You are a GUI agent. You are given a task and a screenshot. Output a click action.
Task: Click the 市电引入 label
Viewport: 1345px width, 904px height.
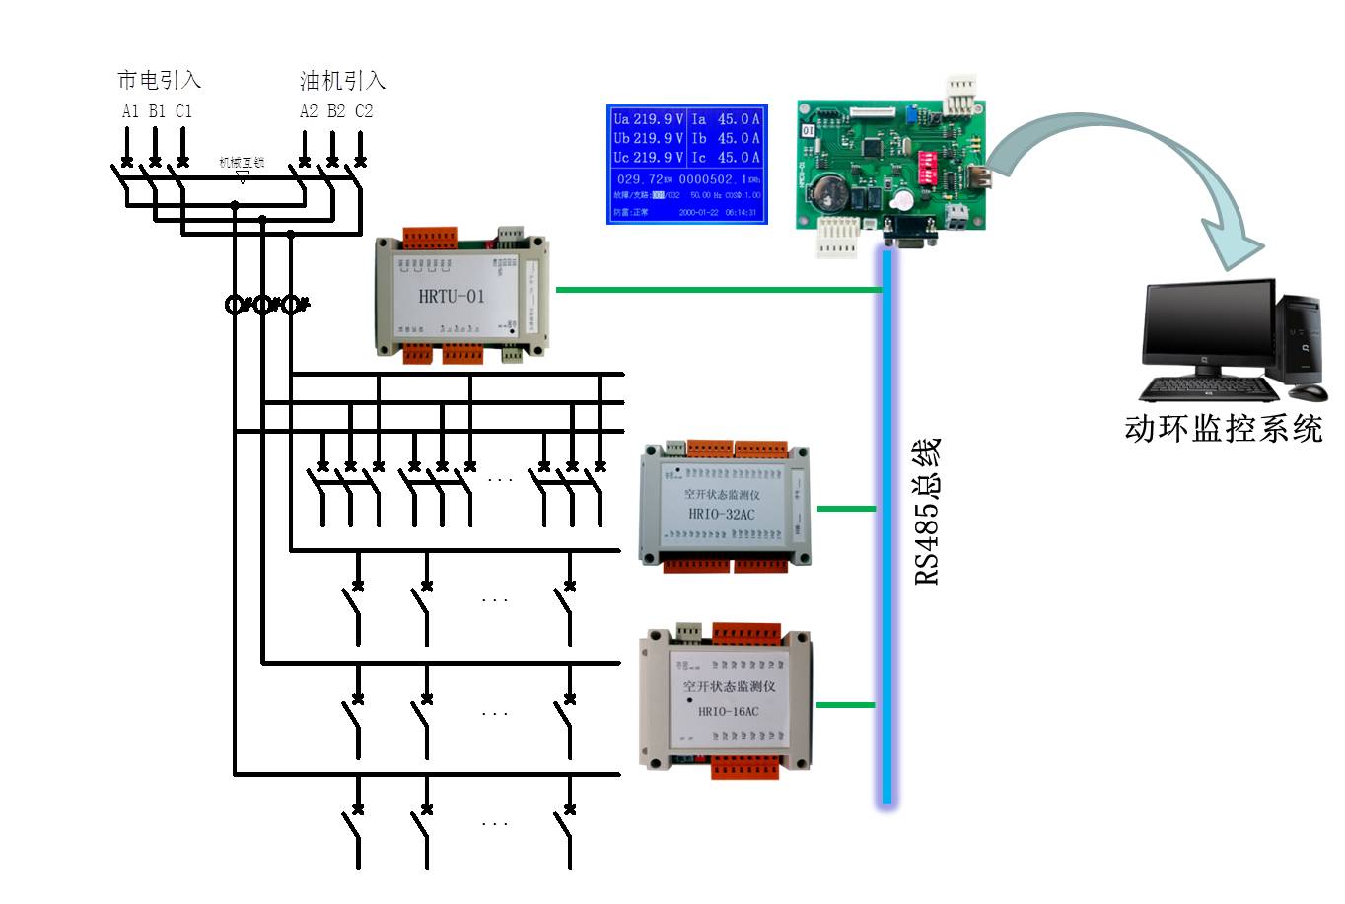point(159,80)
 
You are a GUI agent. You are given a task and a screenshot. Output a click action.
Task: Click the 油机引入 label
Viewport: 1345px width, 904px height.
point(342,80)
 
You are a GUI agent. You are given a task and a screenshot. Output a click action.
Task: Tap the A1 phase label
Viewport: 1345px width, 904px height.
point(130,111)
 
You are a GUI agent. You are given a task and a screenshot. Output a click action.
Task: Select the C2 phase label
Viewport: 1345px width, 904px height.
point(364,111)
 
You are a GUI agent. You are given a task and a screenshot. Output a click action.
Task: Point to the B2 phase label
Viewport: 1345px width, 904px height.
point(336,111)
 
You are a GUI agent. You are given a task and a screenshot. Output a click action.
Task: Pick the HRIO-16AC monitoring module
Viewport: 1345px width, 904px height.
point(727,699)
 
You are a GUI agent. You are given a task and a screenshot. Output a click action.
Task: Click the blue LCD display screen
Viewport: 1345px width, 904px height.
point(686,164)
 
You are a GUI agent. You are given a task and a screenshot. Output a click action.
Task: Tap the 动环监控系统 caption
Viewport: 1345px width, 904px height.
point(1223,428)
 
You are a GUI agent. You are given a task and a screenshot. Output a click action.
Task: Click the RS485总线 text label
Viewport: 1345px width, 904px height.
point(927,512)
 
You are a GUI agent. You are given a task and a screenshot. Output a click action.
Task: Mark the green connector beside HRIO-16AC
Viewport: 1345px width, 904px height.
point(845,705)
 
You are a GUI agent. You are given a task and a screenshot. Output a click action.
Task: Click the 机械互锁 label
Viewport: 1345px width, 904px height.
point(242,162)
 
